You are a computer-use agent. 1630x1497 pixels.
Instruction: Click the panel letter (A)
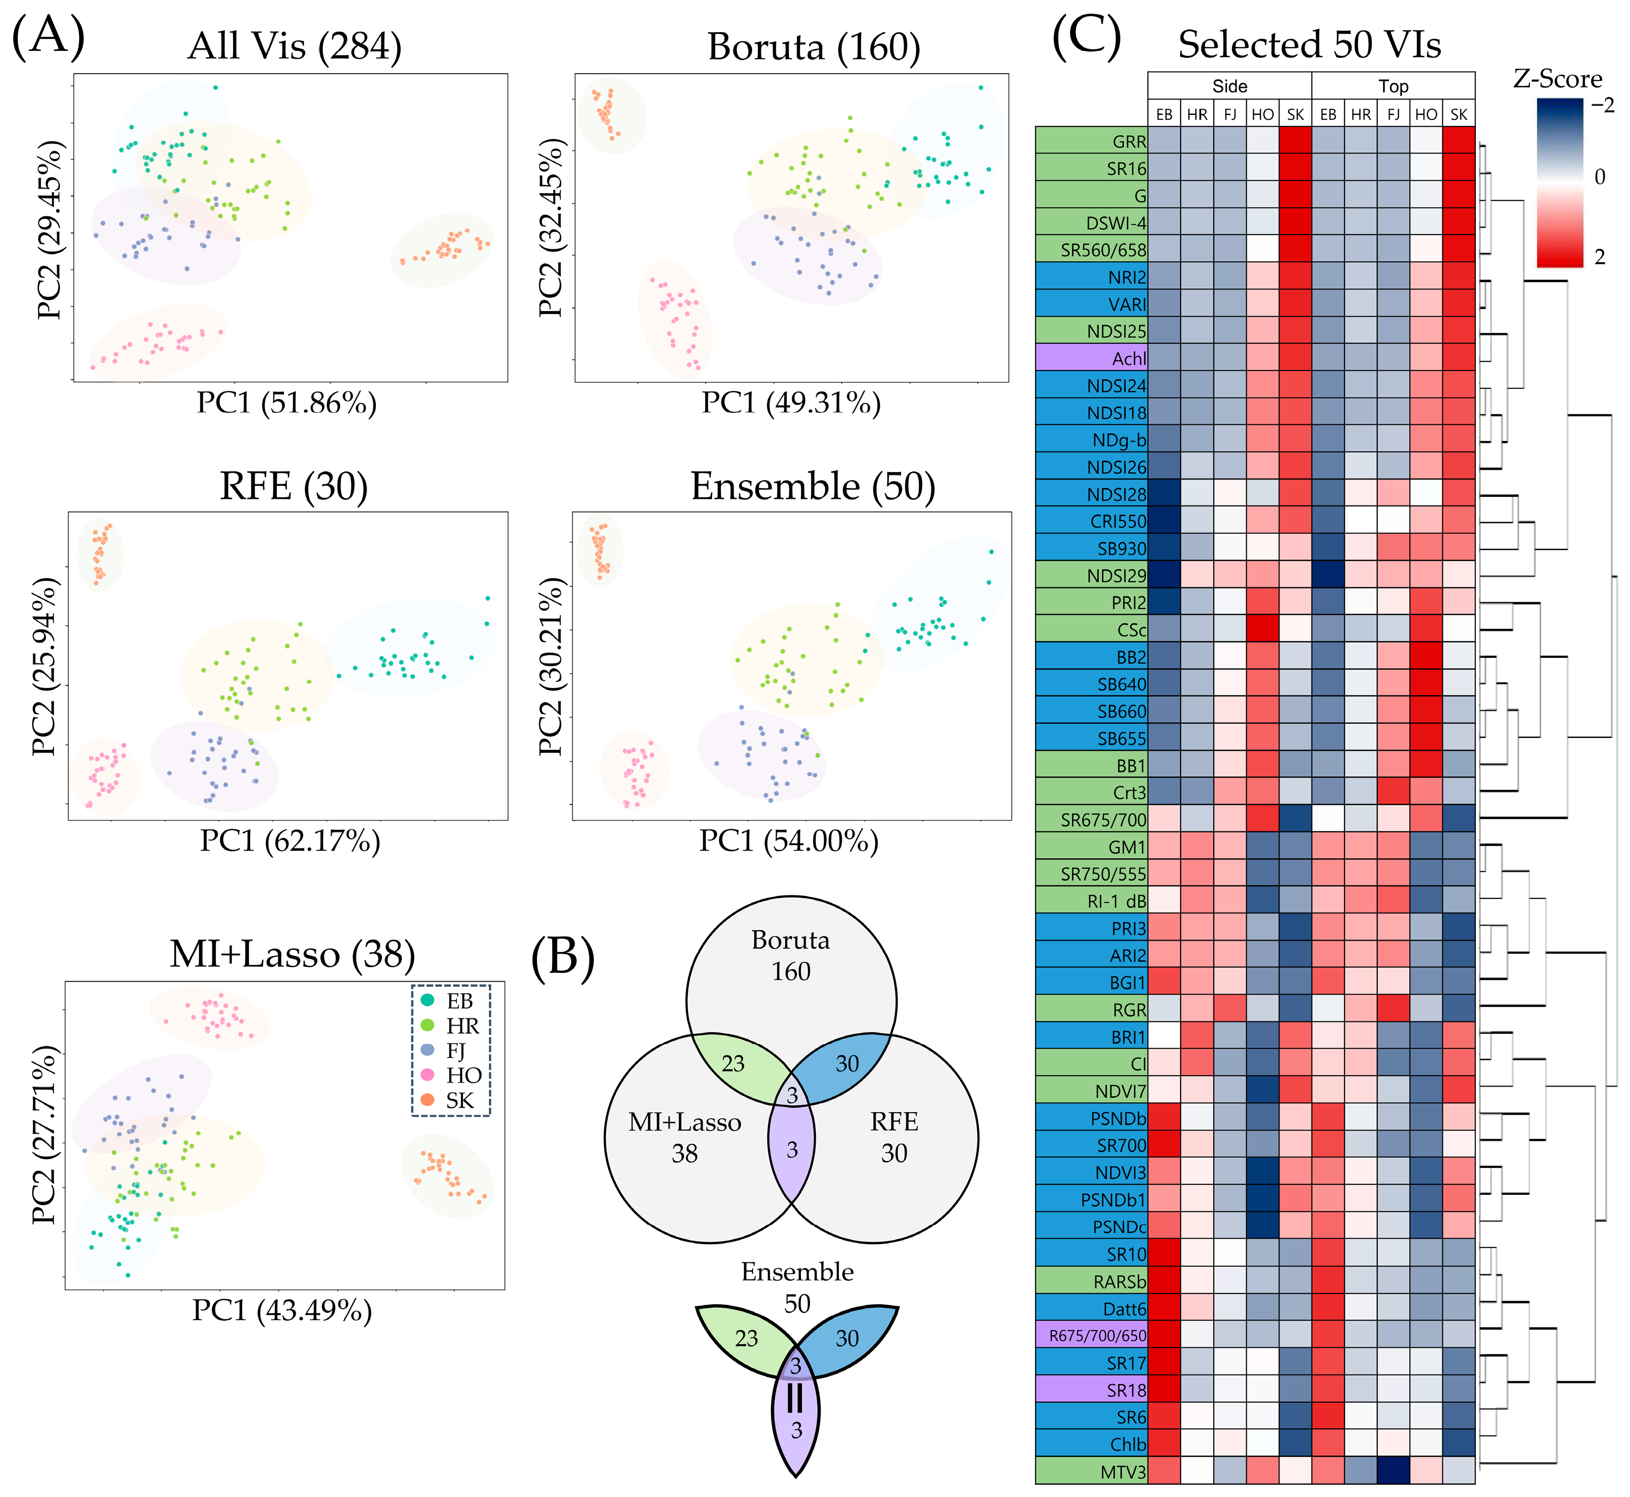pyautogui.click(x=48, y=37)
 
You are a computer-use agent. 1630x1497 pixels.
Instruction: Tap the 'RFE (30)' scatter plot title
pyautogui.click(x=294, y=486)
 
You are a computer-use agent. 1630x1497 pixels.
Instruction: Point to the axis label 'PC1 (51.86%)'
pyautogui.click(x=287, y=403)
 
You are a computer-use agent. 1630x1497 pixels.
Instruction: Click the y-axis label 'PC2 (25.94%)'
pyautogui.click(x=44, y=666)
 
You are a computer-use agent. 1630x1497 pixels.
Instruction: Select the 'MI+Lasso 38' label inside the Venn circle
pyautogui.click(x=685, y=1137)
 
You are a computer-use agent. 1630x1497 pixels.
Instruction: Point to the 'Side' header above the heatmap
pyautogui.click(x=1229, y=86)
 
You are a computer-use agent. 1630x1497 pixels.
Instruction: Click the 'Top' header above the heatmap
pyautogui.click(x=1393, y=86)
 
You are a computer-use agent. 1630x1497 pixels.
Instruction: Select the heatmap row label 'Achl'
pyautogui.click(x=1129, y=358)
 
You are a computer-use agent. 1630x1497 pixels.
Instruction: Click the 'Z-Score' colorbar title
pyautogui.click(x=1557, y=79)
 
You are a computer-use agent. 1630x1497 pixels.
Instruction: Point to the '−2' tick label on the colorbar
pyautogui.click(x=1602, y=105)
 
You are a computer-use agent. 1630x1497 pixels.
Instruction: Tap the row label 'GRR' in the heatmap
pyautogui.click(x=1129, y=141)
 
